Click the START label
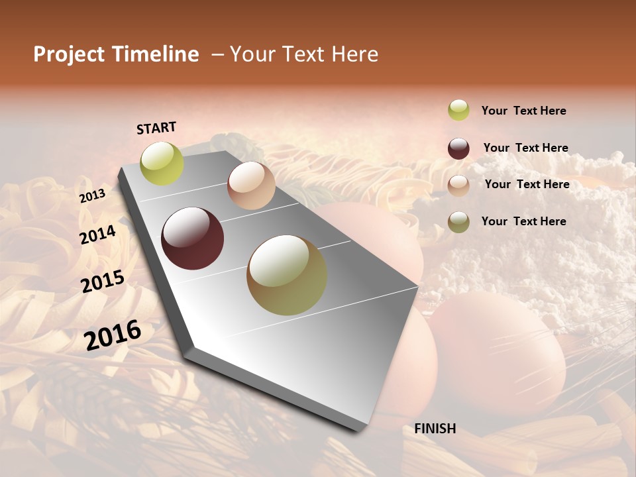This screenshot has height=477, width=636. coord(156,128)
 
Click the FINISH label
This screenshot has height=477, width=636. coord(435,429)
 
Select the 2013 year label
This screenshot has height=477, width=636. coord(92,196)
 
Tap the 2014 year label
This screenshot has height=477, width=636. coord(98,235)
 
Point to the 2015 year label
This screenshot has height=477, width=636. coord(103,282)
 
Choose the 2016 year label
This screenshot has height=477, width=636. coord(113,335)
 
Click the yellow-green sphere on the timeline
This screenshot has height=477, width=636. coord(162,164)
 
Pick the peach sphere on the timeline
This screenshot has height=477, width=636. coord(251,185)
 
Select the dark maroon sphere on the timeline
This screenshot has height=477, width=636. coord(192,238)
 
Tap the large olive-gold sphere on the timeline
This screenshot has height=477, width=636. coord(287,275)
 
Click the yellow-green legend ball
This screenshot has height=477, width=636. coord(458,110)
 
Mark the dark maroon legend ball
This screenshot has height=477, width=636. coord(458,148)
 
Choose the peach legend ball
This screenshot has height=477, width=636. coord(458,185)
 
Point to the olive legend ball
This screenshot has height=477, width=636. coord(458,222)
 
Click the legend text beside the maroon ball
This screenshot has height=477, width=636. coord(525,148)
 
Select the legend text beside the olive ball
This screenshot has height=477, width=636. coord(523,221)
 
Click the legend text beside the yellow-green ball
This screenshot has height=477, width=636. coord(523,111)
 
